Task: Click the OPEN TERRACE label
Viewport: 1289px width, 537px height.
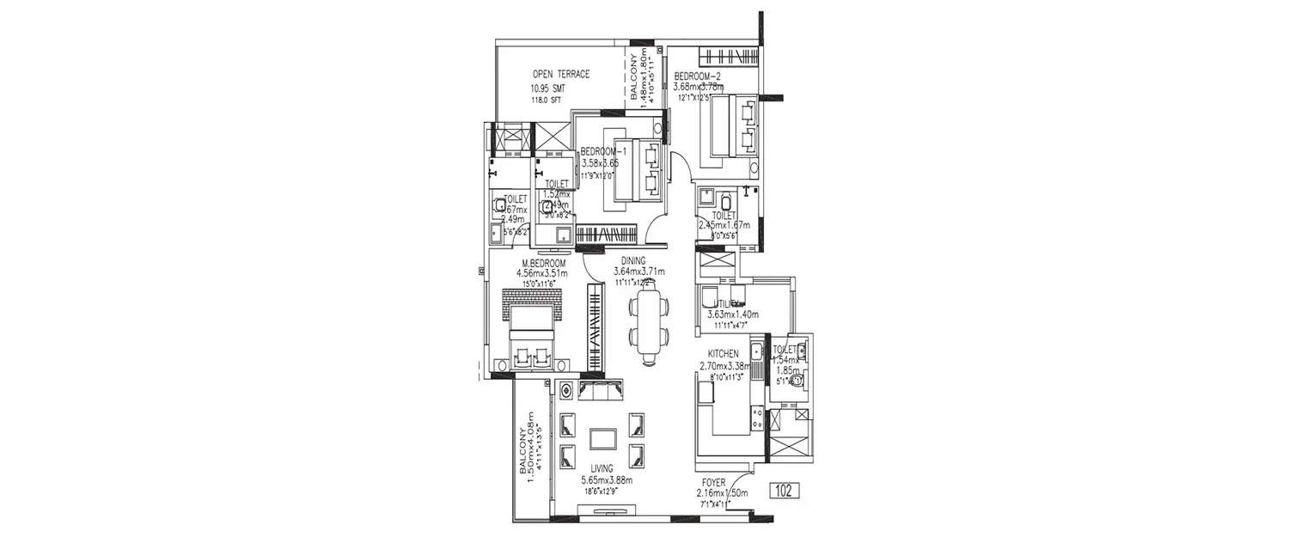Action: pos(560,74)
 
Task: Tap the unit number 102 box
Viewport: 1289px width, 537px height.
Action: pos(782,491)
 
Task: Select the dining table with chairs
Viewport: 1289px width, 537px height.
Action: pos(646,325)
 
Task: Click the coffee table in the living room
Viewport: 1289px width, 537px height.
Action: pos(602,438)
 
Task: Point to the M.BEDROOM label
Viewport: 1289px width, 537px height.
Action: pos(543,263)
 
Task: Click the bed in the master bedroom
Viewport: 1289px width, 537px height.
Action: pos(532,332)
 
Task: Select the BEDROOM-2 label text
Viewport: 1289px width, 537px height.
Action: pos(697,76)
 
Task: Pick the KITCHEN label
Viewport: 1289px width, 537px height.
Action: pos(723,354)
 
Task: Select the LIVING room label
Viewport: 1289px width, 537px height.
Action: pos(602,469)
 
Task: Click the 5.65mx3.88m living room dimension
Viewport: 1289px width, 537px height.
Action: pos(606,480)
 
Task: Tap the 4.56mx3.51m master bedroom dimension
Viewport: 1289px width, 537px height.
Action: pos(542,274)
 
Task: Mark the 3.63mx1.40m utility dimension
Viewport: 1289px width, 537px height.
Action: pos(732,314)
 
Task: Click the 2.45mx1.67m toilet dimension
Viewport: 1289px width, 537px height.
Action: pos(724,225)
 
